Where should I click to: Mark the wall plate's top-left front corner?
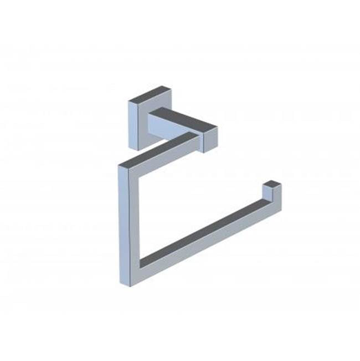click(128, 101)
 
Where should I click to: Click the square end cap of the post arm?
click(209, 139)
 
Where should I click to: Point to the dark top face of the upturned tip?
click(272, 182)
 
